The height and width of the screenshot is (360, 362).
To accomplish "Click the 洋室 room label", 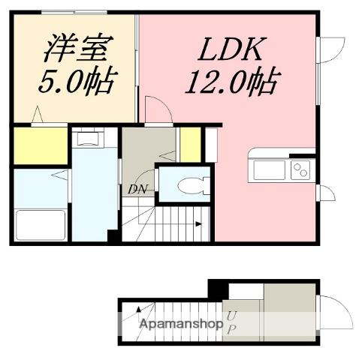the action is (79, 47).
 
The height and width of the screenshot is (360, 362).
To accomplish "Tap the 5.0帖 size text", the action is (77, 80).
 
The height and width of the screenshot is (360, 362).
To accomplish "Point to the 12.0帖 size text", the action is (233, 81).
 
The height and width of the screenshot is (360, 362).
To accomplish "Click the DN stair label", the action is (137, 189).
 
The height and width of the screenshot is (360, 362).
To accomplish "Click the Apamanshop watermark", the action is (181, 325).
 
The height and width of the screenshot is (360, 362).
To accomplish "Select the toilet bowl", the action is (193, 185).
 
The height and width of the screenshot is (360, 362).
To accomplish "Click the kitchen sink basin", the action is (269, 170).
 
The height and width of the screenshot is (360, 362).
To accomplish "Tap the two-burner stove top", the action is (300, 170).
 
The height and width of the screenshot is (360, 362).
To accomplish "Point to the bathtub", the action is (41, 225).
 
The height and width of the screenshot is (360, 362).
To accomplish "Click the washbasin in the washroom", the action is (87, 138).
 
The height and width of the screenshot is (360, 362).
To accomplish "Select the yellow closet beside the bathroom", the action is (41, 145).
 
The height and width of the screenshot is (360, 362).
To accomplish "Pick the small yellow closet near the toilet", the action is (190, 145).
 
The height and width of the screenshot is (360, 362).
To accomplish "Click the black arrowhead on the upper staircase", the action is (199, 224).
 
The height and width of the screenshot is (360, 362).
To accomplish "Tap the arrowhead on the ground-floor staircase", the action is (138, 310).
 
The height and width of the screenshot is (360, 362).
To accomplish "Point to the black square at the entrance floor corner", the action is (218, 289).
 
